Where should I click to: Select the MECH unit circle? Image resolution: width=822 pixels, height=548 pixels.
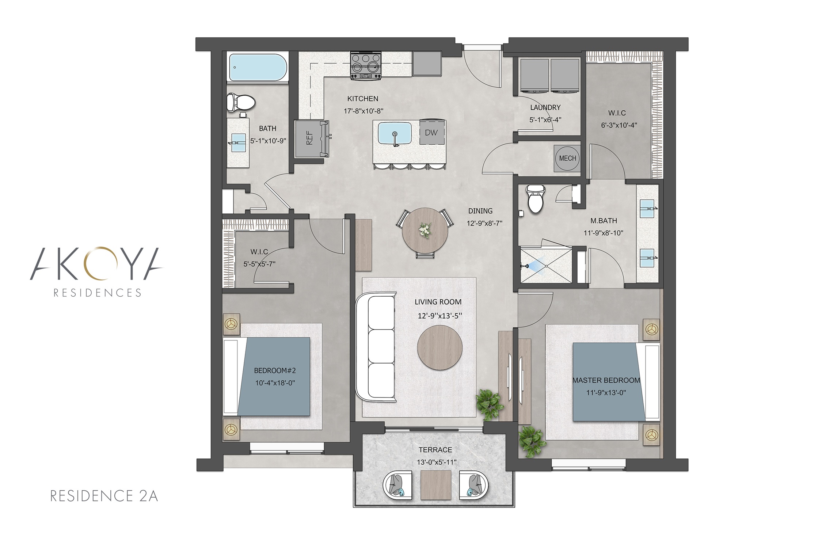pos(567,158)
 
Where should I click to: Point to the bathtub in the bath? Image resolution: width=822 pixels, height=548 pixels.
pos(258,68)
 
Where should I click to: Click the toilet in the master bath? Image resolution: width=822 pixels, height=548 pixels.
pos(535,199)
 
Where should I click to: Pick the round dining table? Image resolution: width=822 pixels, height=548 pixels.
pos(425,230)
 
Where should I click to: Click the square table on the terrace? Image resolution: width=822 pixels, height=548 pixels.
pos(436,485)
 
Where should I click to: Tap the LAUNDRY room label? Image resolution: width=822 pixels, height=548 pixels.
pos(545,107)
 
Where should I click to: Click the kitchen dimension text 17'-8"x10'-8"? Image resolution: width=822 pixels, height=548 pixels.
pos(364,111)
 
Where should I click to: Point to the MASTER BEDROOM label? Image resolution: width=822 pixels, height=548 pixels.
pos(606,380)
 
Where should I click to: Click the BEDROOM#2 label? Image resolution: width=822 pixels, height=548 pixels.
pos(275,370)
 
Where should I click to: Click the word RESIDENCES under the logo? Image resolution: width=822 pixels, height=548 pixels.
pos(97,293)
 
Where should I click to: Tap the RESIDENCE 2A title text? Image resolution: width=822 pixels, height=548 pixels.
pos(104,496)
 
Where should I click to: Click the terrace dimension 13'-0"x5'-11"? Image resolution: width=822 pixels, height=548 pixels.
pos(437,462)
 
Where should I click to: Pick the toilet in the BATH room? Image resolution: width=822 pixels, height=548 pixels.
pos(240,103)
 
